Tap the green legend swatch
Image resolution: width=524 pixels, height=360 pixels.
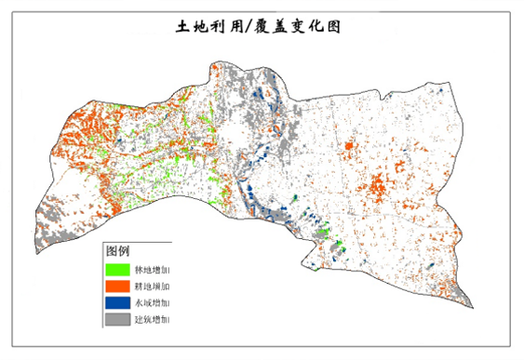coord(117,269)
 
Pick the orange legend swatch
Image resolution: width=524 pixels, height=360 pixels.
coord(117,286)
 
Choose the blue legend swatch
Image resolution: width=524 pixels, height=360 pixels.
coord(117,302)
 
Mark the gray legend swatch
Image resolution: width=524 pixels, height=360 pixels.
coord(117,319)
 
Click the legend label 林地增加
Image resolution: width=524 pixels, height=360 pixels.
coord(153,269)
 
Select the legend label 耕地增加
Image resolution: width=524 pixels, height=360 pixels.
coord(153,286)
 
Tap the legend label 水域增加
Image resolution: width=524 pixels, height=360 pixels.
coord(153,302)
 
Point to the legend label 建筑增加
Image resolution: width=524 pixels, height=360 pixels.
coord(153,319)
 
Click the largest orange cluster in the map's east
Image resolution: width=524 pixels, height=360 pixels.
coord(378,186)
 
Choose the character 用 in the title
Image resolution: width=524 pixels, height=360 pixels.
coord(233,27)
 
